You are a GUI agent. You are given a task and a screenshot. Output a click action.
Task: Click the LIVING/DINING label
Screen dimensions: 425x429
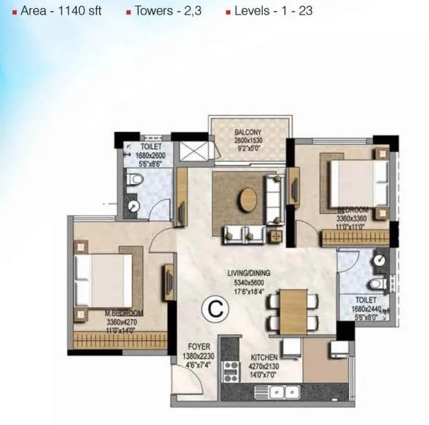(249, 273)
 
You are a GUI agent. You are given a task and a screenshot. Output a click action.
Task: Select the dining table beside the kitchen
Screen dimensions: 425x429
(292, 308)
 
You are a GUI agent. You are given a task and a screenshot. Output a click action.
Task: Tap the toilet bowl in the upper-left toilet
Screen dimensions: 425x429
(135, 181)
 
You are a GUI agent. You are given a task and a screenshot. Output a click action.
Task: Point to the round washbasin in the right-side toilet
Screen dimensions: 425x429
(379, 260)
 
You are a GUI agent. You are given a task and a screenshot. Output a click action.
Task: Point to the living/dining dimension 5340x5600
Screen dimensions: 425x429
(249, 282)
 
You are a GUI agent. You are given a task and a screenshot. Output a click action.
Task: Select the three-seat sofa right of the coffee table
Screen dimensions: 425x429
(275, 199)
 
